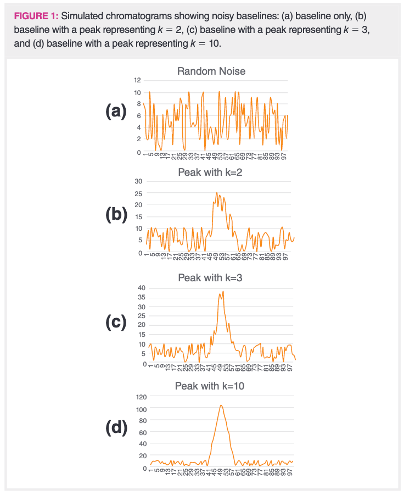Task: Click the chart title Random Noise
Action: pos(211,71)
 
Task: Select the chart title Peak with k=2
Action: pos(210,173)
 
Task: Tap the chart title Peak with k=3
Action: pos(210,278)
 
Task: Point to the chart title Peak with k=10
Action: pos(210,386)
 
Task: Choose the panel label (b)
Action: pos(116,214)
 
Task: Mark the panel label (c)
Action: pos(116,322)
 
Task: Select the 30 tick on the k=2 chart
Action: pos(139,181)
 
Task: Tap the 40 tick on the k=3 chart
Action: pos(141,288)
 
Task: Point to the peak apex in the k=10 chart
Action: pos(221,405)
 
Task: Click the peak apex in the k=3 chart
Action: pos(223,291)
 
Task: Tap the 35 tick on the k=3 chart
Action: pos(141,297)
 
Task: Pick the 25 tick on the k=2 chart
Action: pos(139,193)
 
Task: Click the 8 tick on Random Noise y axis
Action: pos(138,104)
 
